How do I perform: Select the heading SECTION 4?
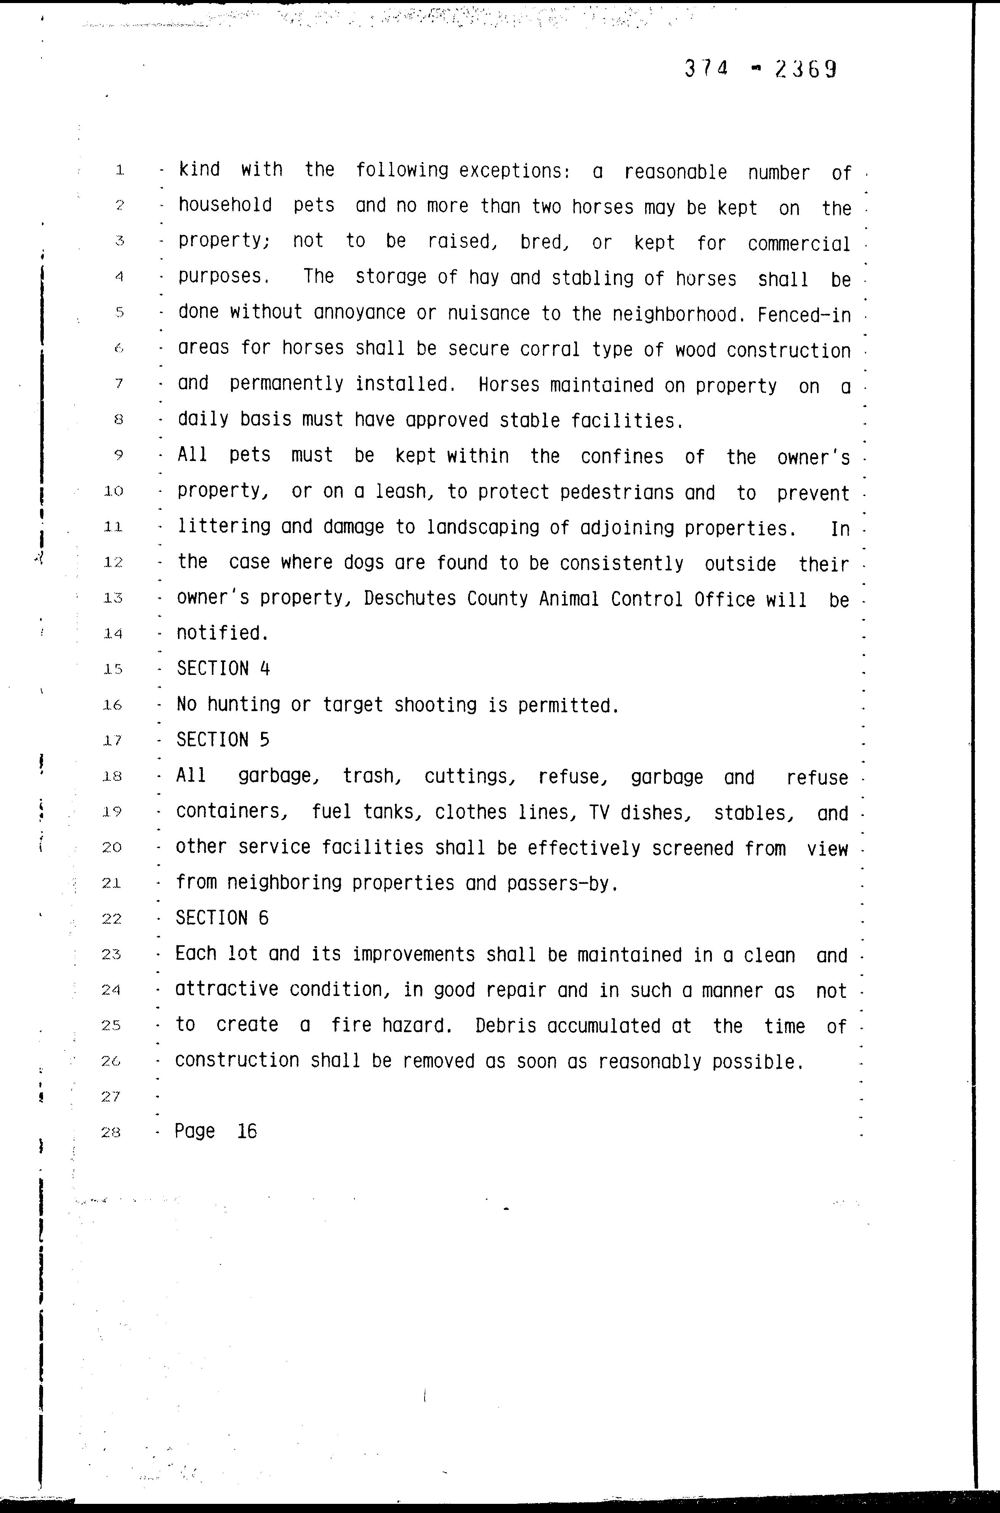click(x=223, y=669)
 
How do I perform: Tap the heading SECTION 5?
click(x=223, y=740)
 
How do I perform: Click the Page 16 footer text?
click(x=216, y=1131)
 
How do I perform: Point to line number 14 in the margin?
click(x=112, y=634)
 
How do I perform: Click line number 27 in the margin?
click(x=111, y=1096)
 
